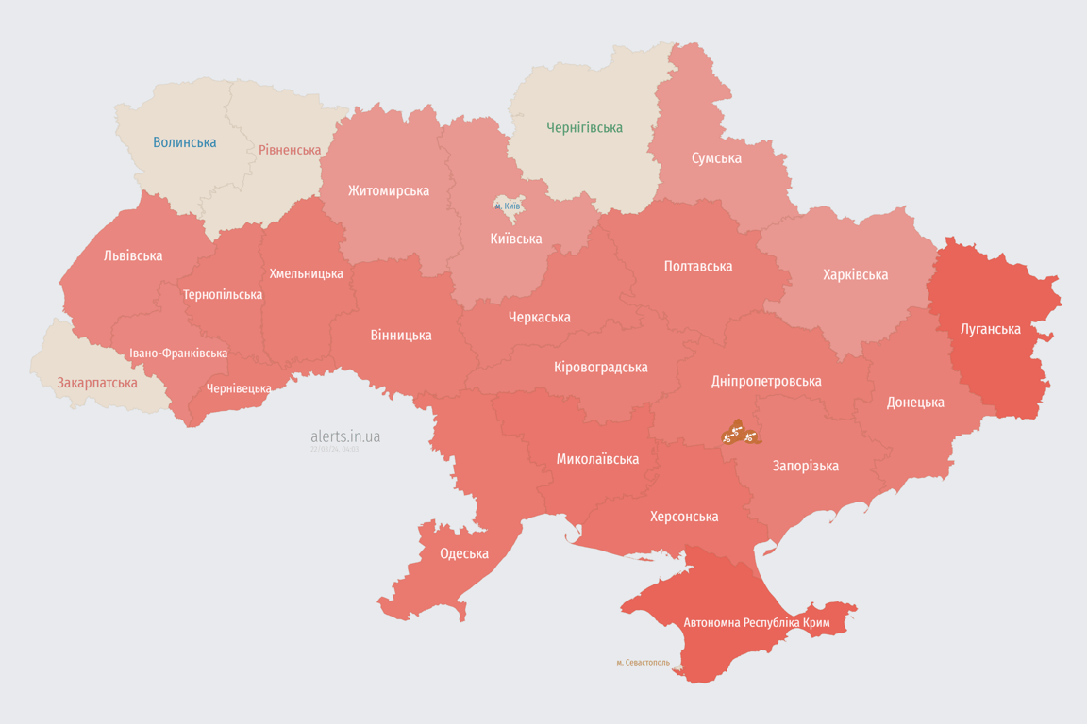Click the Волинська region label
pos(185,142)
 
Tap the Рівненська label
pos(290,150)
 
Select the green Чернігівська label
pos(584,127)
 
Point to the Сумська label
pos(716,157)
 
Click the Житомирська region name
pos(388,190)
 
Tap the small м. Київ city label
pos(508,206)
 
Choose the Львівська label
pos(133,255)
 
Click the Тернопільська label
pos(223,294)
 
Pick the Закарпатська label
pos(97,383)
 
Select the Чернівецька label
pos(239,388)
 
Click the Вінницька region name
pos(401,335)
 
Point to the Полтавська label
pos(698,266)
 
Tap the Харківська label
pos(855,274)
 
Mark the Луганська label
pos(991,329)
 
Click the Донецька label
pos(915,402)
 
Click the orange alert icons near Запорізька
pos(739,435)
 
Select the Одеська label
pos(464,553)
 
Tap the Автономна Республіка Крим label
pos(756,623)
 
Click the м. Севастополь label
pos(643,663)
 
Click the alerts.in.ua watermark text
pos(345,436)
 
